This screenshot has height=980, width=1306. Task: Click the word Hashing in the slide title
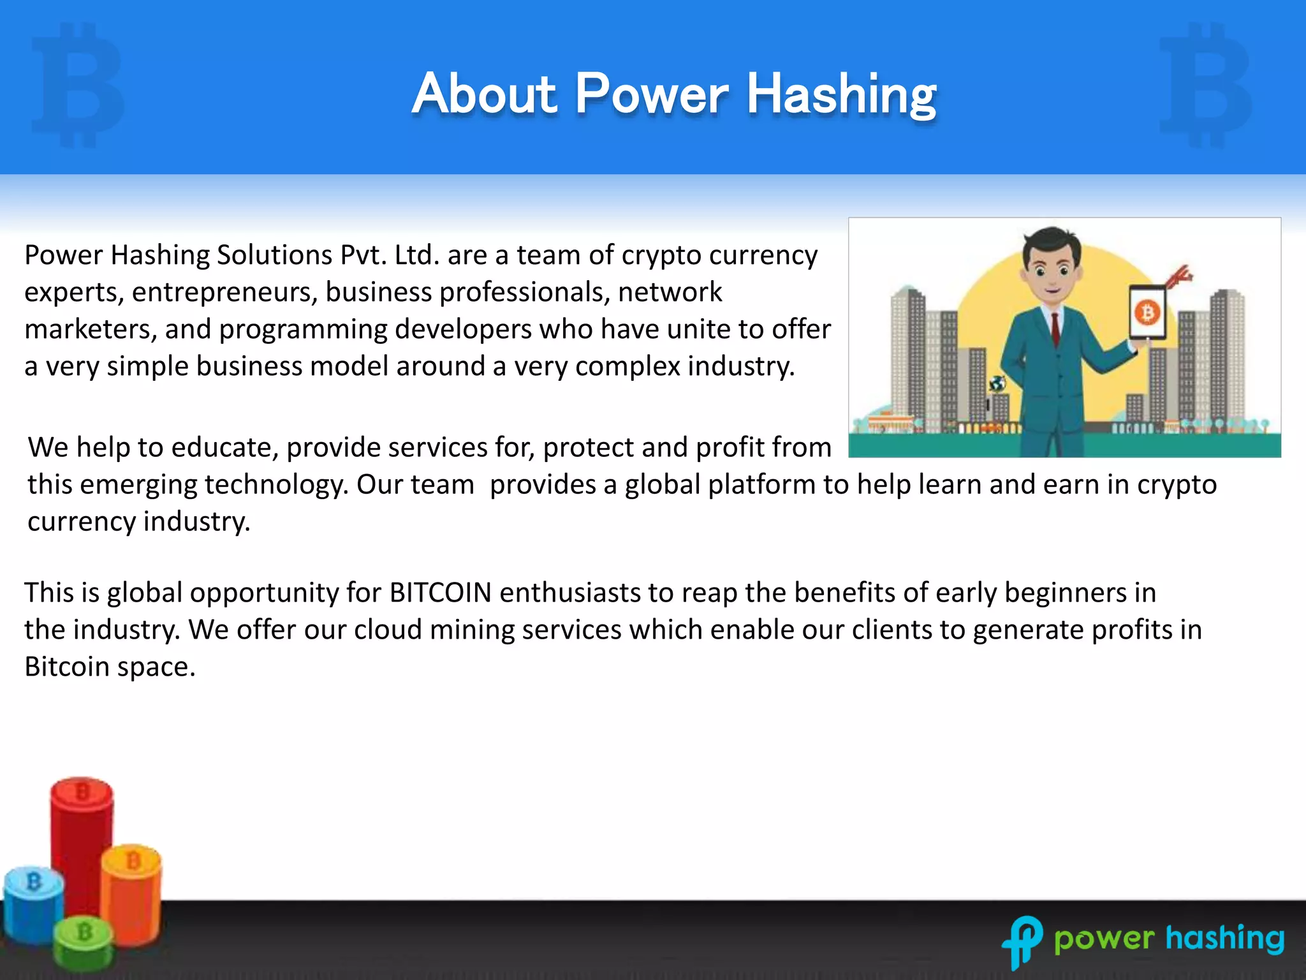tap(841, 96)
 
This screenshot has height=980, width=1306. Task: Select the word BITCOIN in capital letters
tap(440, 593)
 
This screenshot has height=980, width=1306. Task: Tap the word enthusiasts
tap(570, 593)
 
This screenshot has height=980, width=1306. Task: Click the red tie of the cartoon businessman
tap(1055, 329)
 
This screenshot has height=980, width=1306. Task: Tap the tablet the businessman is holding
tap(1147, 313)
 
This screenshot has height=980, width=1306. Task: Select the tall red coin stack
tap(81, 842)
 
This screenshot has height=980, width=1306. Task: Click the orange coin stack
tap(131, 893)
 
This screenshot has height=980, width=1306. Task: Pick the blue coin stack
tap(33, 903)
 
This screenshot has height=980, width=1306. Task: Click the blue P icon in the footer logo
tap(1022, 940)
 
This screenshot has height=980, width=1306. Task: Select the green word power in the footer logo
tap(1104, 940)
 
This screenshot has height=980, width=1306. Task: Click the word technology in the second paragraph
tap(277, 485)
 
